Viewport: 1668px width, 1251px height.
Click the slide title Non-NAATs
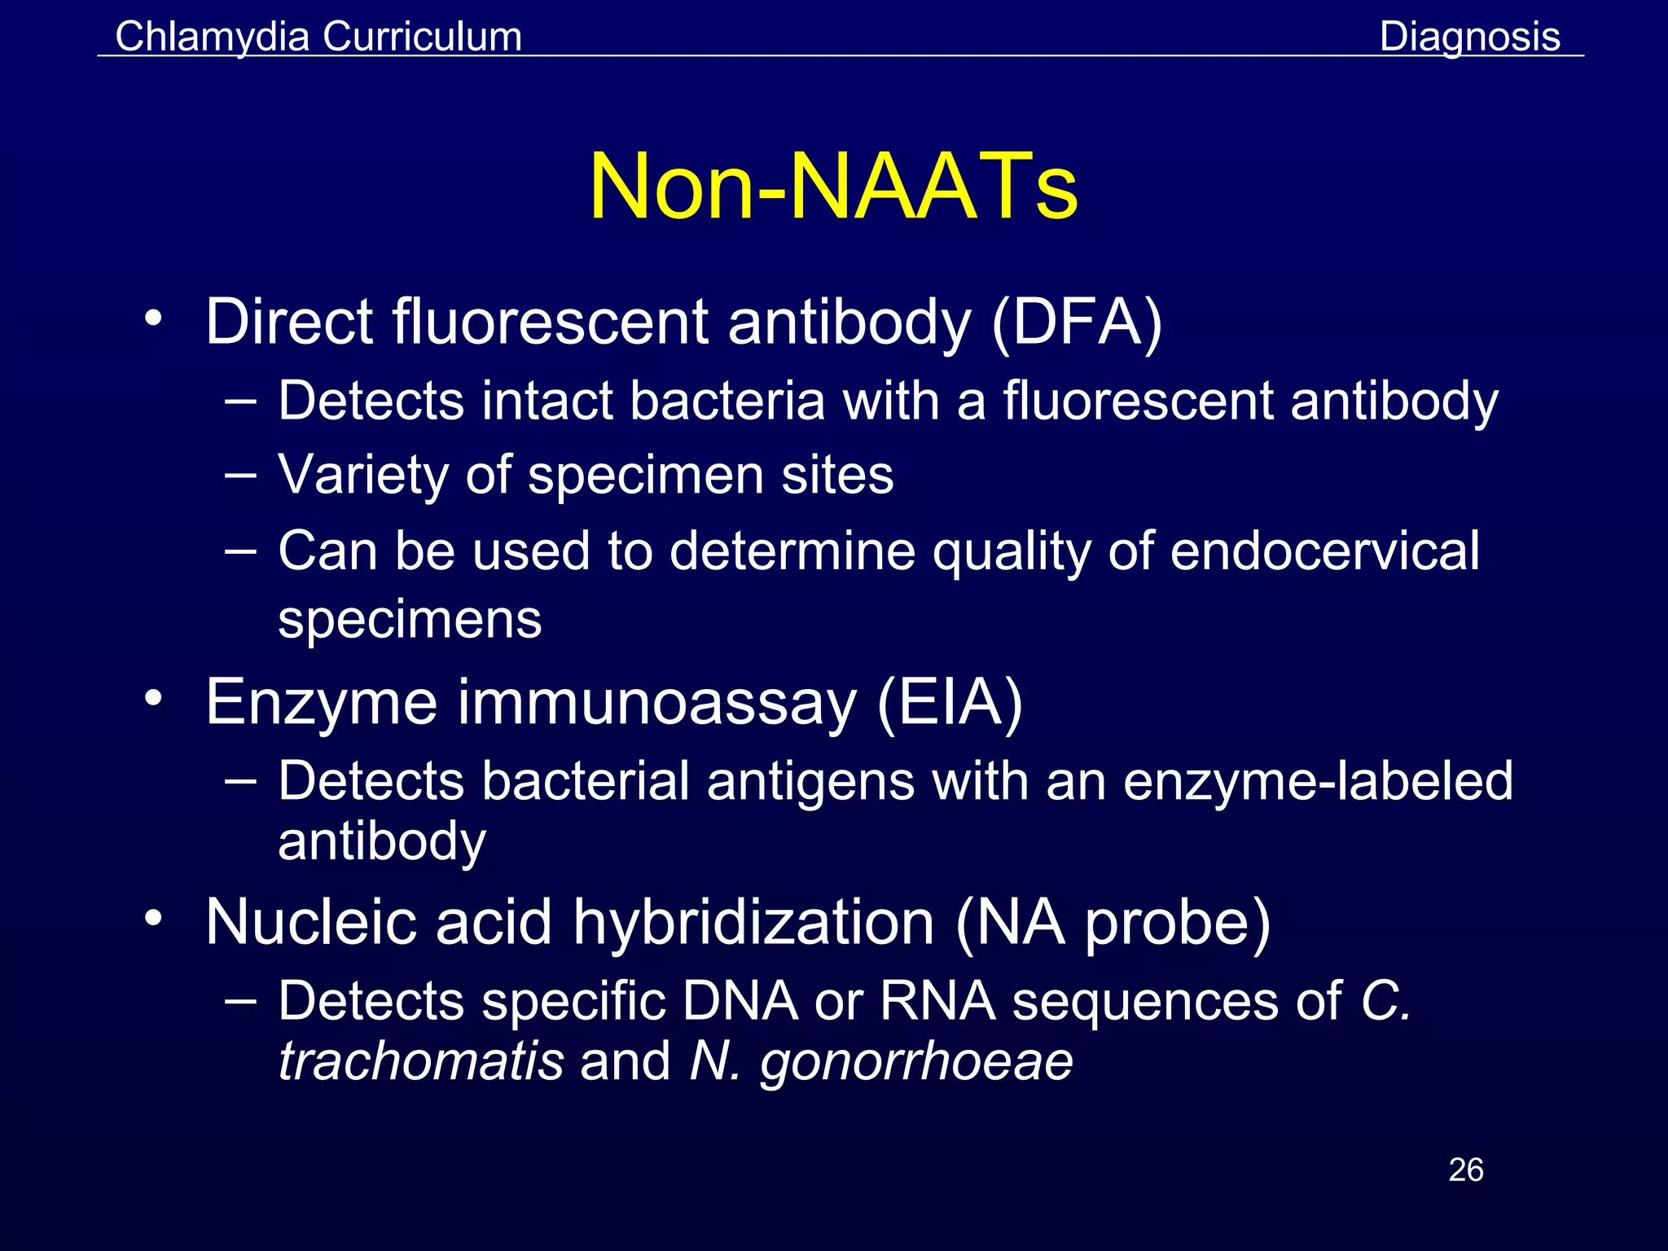coord(833,187)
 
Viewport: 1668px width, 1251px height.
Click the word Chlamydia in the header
coord(212,37)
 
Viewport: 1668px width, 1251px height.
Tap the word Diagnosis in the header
coord(1469,37)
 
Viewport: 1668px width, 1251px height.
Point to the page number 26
coord(1465,1170)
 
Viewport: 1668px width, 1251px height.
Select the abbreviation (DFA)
coord(1077,323)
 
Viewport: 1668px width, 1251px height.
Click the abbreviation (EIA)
coord(950,702)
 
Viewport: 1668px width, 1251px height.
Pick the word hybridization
coord(753,922)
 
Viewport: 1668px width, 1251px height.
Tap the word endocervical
coord(1325,551)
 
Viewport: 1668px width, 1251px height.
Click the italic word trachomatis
coord(421,1060)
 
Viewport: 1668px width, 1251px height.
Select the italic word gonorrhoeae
coord(916,1062)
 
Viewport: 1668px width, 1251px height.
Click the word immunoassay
coord(656,702)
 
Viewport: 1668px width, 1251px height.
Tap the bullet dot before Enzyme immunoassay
coord(153,698)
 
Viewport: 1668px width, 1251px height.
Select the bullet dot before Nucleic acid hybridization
coord(153,918)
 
